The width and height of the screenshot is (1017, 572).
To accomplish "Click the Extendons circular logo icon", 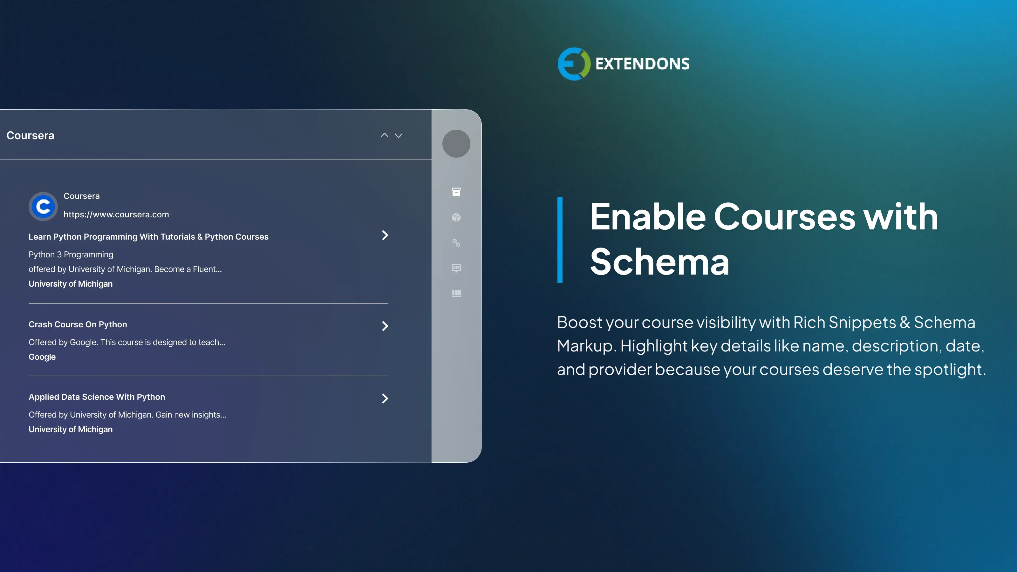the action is [x=574, y=64].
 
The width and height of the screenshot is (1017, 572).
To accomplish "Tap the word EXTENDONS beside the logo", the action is [x=642, y=64].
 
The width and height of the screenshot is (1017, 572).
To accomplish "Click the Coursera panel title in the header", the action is [x=31, y=135].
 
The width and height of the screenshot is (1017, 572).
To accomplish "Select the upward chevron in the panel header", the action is [x=384, y=135].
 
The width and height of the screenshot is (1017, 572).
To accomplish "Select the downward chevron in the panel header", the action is [x=398, y=136].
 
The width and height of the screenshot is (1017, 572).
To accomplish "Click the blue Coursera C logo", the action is [x=43, y=206].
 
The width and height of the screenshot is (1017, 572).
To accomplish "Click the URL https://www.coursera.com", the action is [x=116, y=214].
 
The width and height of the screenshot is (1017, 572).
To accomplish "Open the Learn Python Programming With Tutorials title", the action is [x=148, y=236].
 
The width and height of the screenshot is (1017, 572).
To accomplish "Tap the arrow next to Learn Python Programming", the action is [x=385, y=235].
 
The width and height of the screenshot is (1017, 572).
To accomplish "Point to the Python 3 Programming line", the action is [x=71, y=255].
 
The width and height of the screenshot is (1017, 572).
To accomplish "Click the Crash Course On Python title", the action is [x=78, y=324].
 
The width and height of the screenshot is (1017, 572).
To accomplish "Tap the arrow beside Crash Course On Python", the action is [x=385, y=326].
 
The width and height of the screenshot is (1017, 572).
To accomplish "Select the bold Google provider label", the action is [x=42, y=357].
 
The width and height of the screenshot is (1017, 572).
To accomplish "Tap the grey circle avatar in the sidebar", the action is [x=456, y=144].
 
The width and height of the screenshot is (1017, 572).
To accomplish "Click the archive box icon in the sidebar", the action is [x=456, y=192].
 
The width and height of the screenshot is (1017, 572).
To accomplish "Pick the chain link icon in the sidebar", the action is [x=456, y=243].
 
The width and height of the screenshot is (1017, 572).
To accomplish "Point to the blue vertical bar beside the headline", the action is [x=560, y=240].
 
